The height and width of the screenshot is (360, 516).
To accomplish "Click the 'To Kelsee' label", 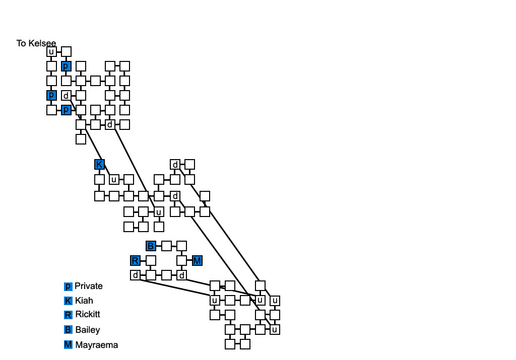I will (x=36, y=43).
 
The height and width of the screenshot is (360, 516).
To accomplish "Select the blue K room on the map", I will (x=99, y=164).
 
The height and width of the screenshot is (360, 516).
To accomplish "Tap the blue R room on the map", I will (x=135, y=260).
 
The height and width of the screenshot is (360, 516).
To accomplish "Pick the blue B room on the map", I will (x=151, y=246).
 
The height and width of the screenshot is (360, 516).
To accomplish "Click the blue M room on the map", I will (x=197, y=260).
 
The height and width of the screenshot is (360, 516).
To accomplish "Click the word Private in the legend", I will (x=88, y=286).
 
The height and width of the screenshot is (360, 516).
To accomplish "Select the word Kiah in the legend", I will (x=84, y=301).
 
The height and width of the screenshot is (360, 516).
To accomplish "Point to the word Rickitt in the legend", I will (x=87, y=315).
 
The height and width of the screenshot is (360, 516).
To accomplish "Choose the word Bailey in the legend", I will (x=87, y=330).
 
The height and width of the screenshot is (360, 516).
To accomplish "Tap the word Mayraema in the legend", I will (x=96, y=345).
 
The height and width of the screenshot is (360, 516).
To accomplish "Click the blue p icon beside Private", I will (x=68, y=286).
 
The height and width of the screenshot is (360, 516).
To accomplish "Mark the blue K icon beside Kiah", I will (x=68, y=301).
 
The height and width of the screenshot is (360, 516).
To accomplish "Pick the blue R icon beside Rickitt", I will (x=68, y=315).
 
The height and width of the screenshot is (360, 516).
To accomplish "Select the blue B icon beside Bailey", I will (x=68, y=330).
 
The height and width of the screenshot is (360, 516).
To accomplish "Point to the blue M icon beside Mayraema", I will (x=68, y=345).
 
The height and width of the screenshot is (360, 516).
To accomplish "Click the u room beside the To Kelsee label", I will (x=51, y=51).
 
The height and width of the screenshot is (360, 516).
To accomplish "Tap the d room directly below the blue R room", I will (x=135, y=275).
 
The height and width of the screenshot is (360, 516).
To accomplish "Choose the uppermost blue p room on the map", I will (x=66, y=66).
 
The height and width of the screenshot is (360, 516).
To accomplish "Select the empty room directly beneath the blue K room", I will (x=99, y=179).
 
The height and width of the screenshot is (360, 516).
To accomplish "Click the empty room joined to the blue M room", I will (x=182, y=260).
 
